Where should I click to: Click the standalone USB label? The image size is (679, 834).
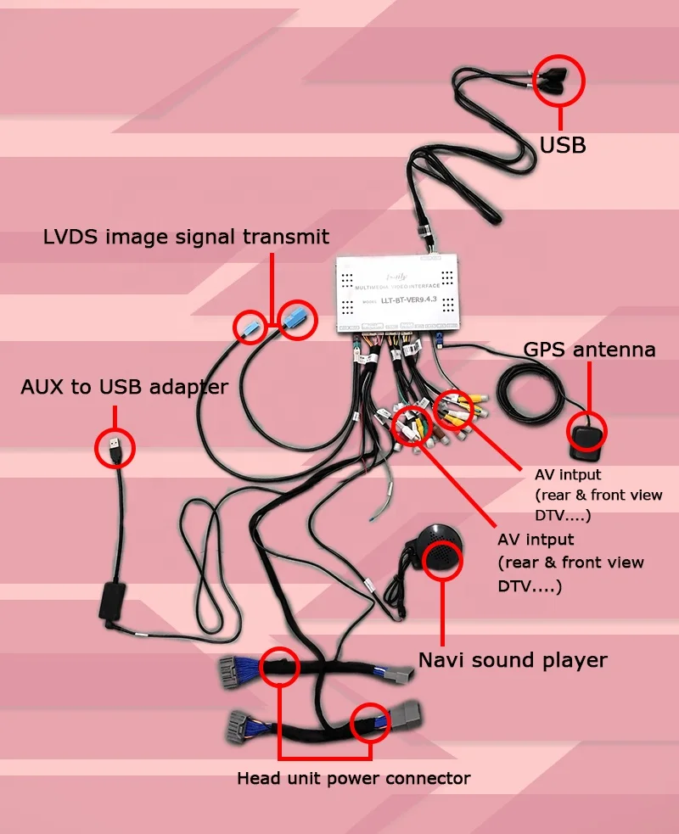[x=563, y=145]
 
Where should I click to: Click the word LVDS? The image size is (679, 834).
[x=71, y=236]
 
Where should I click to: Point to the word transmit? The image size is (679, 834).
[x=284, y=236]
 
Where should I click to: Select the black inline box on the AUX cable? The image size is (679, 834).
[x=112, y=600]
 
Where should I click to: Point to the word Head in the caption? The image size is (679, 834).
[x=256, y=778]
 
